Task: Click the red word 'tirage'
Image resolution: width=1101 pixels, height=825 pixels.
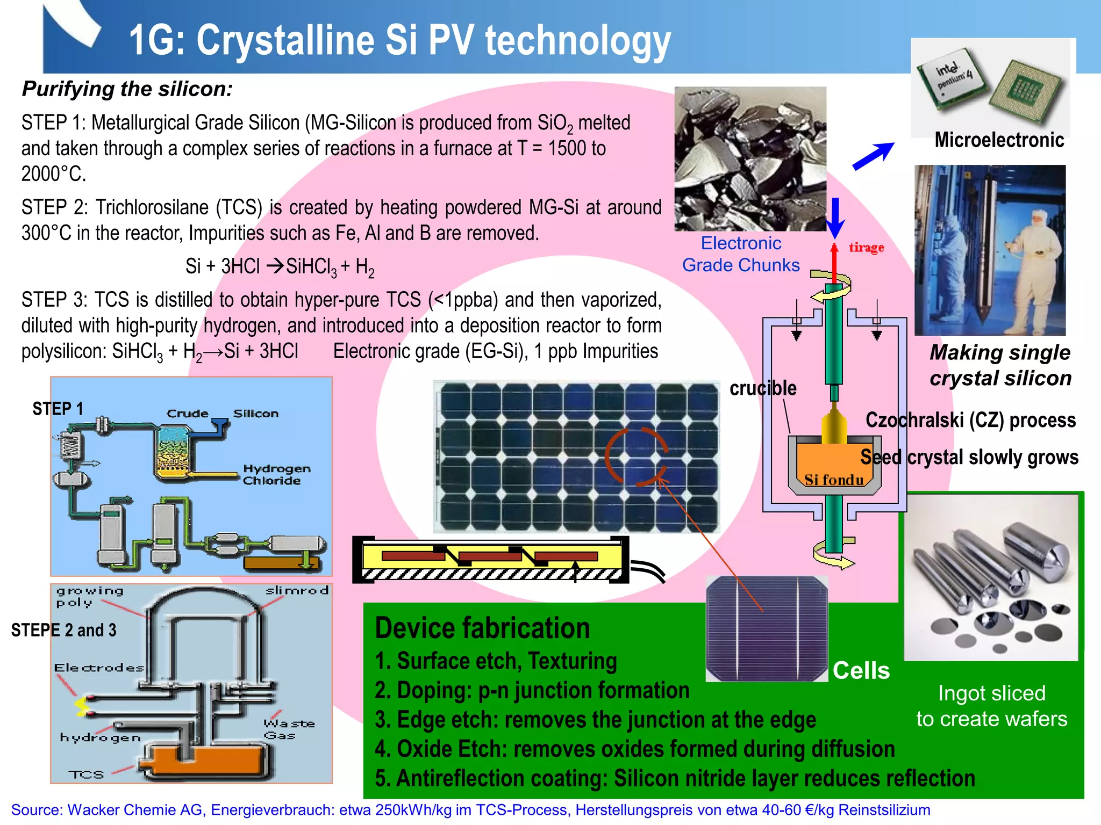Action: click(866, 248)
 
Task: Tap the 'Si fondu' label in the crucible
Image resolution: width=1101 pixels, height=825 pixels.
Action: click(833, 480)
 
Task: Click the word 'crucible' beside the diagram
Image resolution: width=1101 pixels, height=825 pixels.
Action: click(762, 388)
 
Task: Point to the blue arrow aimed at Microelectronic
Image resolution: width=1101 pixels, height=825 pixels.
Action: click(874, 156)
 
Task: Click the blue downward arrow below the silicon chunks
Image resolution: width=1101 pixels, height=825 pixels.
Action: click(835, 218)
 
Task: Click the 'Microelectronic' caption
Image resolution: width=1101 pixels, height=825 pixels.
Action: click(999, 140)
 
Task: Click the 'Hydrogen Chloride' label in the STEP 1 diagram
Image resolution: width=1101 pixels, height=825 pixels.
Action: click(276, 475)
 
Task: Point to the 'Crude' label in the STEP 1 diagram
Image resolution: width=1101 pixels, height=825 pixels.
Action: click(187, 414)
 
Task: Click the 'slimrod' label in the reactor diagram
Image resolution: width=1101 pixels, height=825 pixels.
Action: click(297, 591)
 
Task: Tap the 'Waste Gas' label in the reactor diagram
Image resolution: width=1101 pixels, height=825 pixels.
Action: click(288, 729)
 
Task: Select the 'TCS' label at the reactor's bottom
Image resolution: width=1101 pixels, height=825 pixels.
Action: click(86, 775)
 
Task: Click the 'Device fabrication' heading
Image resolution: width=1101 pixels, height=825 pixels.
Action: click(482, 628)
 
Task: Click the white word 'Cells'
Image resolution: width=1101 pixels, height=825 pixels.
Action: click(861, 671)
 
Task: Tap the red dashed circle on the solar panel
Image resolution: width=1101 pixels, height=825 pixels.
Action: click(637, 457)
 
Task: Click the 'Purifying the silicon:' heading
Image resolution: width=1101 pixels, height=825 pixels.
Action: click(127, 89)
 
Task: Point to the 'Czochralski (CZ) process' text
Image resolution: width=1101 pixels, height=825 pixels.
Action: click(970, 420)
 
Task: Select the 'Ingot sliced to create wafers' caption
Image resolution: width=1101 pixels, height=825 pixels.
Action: click(991, 706)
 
